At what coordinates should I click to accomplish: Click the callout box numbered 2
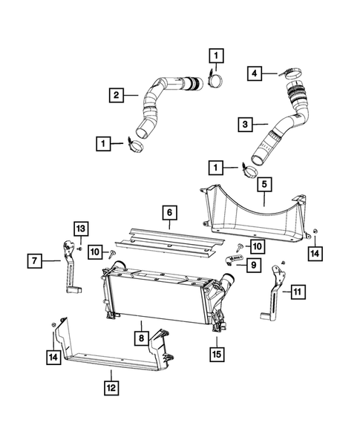tap(117, 95)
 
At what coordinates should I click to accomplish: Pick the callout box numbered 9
tap(253, 263)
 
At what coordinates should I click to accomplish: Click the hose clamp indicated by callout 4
tap(289, 73)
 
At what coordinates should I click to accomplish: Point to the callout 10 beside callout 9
tap(256, 245)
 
